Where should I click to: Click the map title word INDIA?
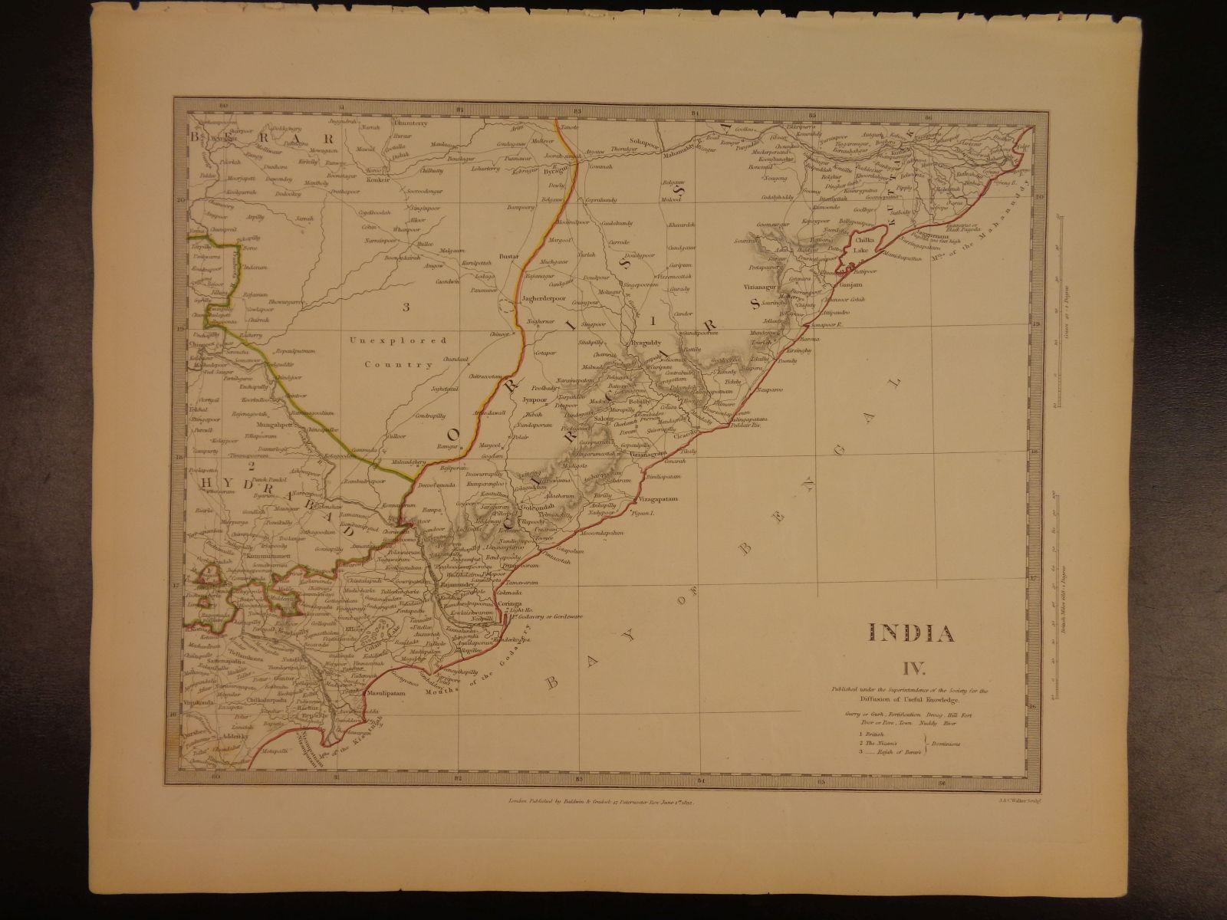coord(912,633)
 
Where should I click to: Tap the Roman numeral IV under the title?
coord(912,662)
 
